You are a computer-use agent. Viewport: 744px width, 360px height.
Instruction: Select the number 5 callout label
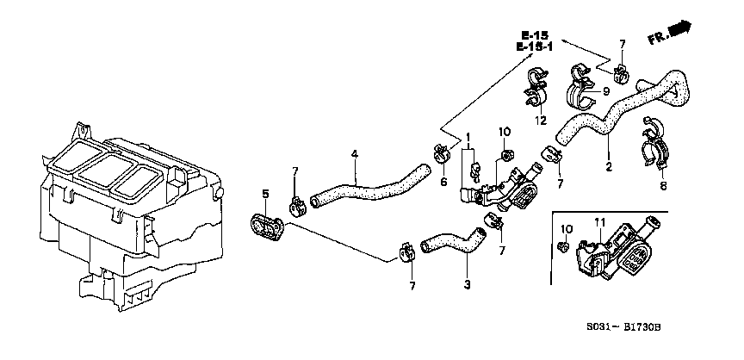(x=265, y=194)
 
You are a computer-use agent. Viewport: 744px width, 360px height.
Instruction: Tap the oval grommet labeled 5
(x=267, y=227)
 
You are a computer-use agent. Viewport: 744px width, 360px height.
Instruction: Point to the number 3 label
(x=467, y=284)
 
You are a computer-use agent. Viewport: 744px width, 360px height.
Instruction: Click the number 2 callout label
(x=608, y=166)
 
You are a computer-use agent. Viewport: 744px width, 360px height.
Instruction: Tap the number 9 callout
(x=605, y=91)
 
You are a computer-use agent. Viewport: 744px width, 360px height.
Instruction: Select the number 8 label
(x=663, y=186)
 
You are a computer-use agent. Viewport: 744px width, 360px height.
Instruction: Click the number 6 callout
(x=443, y=181)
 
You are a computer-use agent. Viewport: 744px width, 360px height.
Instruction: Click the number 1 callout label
(x=468, y=138)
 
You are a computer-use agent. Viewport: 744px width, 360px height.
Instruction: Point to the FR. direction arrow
(x=669, y=32)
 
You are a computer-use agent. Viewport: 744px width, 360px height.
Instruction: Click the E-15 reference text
(x=534, y=35)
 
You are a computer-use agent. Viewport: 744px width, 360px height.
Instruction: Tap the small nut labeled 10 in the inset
(x=563, y=246)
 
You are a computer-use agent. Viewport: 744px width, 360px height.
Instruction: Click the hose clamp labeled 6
(x=441, y=153)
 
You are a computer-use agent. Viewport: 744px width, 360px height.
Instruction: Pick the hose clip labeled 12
(x=536, y=88)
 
